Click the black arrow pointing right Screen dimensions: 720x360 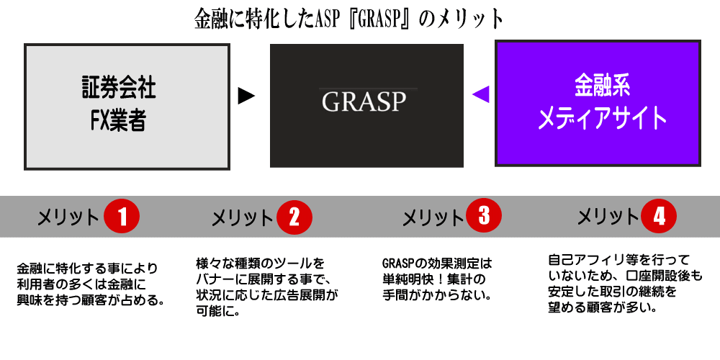coord(246,96)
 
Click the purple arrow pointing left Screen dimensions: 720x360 coord(481,94)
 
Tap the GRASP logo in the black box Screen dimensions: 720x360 coord(364,102)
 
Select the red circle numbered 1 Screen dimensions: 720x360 coord(121,217)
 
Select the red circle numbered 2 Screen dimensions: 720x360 coord(294,217)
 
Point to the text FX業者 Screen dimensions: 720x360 coord(118,121)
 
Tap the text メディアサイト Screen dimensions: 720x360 coord(602,118)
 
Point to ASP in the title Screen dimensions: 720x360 coord(326,19)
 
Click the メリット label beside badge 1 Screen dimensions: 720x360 coord(68,217)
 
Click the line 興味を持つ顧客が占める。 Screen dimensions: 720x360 coord(91,302)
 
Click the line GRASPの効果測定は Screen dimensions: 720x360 coord(437,264)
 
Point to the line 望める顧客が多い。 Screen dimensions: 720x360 coord(601,307)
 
